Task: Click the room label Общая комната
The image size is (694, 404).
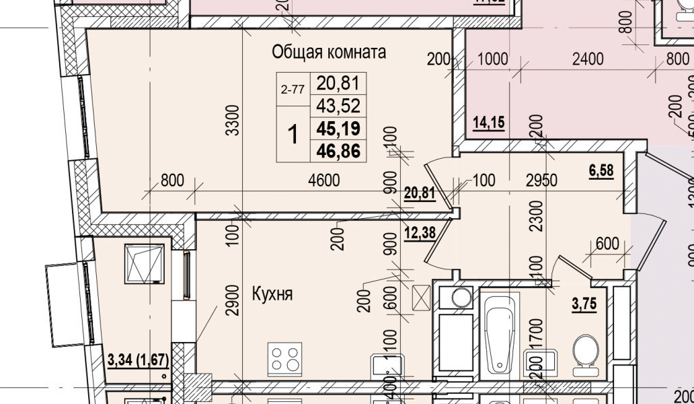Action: pos(329,52)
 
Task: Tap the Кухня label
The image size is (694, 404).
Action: pos(272,294)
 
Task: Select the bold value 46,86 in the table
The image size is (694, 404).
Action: pos(338,150)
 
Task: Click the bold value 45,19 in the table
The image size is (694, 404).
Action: pos(338,128)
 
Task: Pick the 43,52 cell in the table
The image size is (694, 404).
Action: pos(338,106)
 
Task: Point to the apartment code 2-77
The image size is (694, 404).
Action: pos(293,89)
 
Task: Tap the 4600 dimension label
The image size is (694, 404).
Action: pos(323,180)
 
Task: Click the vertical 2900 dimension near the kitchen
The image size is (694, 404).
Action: pos(233,304)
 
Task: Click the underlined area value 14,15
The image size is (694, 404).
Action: pos(489,123)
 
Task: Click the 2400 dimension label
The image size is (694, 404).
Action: pos(587,59)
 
